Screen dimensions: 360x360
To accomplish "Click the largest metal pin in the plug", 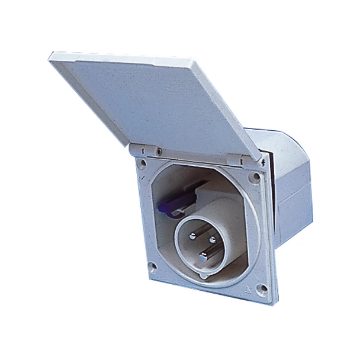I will click(203, 256).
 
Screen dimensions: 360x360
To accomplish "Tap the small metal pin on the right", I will click(213, 240).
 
